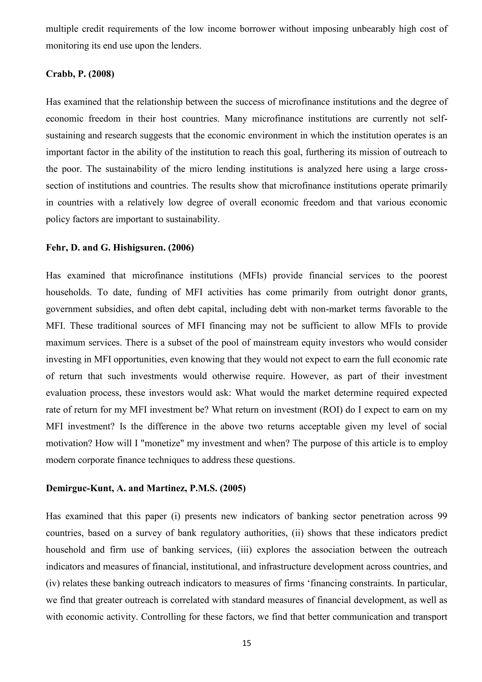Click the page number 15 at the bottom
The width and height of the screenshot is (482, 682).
247,643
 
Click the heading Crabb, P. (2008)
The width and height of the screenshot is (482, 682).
80,74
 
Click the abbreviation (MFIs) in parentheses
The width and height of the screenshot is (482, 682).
253,276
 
